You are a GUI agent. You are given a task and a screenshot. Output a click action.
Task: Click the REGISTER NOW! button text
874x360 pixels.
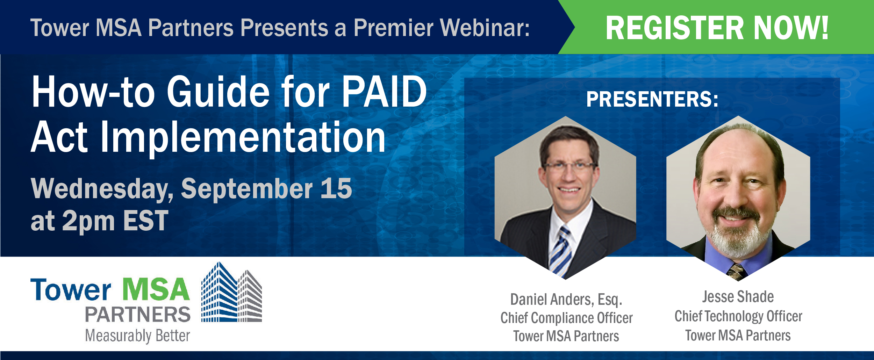point(717,28)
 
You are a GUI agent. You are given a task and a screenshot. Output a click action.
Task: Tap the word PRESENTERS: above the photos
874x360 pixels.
point(652,99)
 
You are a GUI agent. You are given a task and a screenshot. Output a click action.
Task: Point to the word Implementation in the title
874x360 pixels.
point(243,138)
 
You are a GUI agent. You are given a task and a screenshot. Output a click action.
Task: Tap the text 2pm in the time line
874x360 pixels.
point(88,221)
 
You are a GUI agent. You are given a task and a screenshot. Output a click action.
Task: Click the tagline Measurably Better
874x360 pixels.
point(137,336)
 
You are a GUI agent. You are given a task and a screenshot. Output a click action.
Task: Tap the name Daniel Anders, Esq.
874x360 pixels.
point(566,300)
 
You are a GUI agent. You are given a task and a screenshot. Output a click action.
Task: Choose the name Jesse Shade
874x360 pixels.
point(738,297)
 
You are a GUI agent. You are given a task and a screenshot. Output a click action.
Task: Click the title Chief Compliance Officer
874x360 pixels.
point(566,318)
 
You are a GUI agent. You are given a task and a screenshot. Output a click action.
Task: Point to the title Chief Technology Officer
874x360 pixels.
point(738,316)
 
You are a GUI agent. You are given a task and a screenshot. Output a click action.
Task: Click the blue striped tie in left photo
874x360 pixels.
point(560,252)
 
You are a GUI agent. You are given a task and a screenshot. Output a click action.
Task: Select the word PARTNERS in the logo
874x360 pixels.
point(138,315)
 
